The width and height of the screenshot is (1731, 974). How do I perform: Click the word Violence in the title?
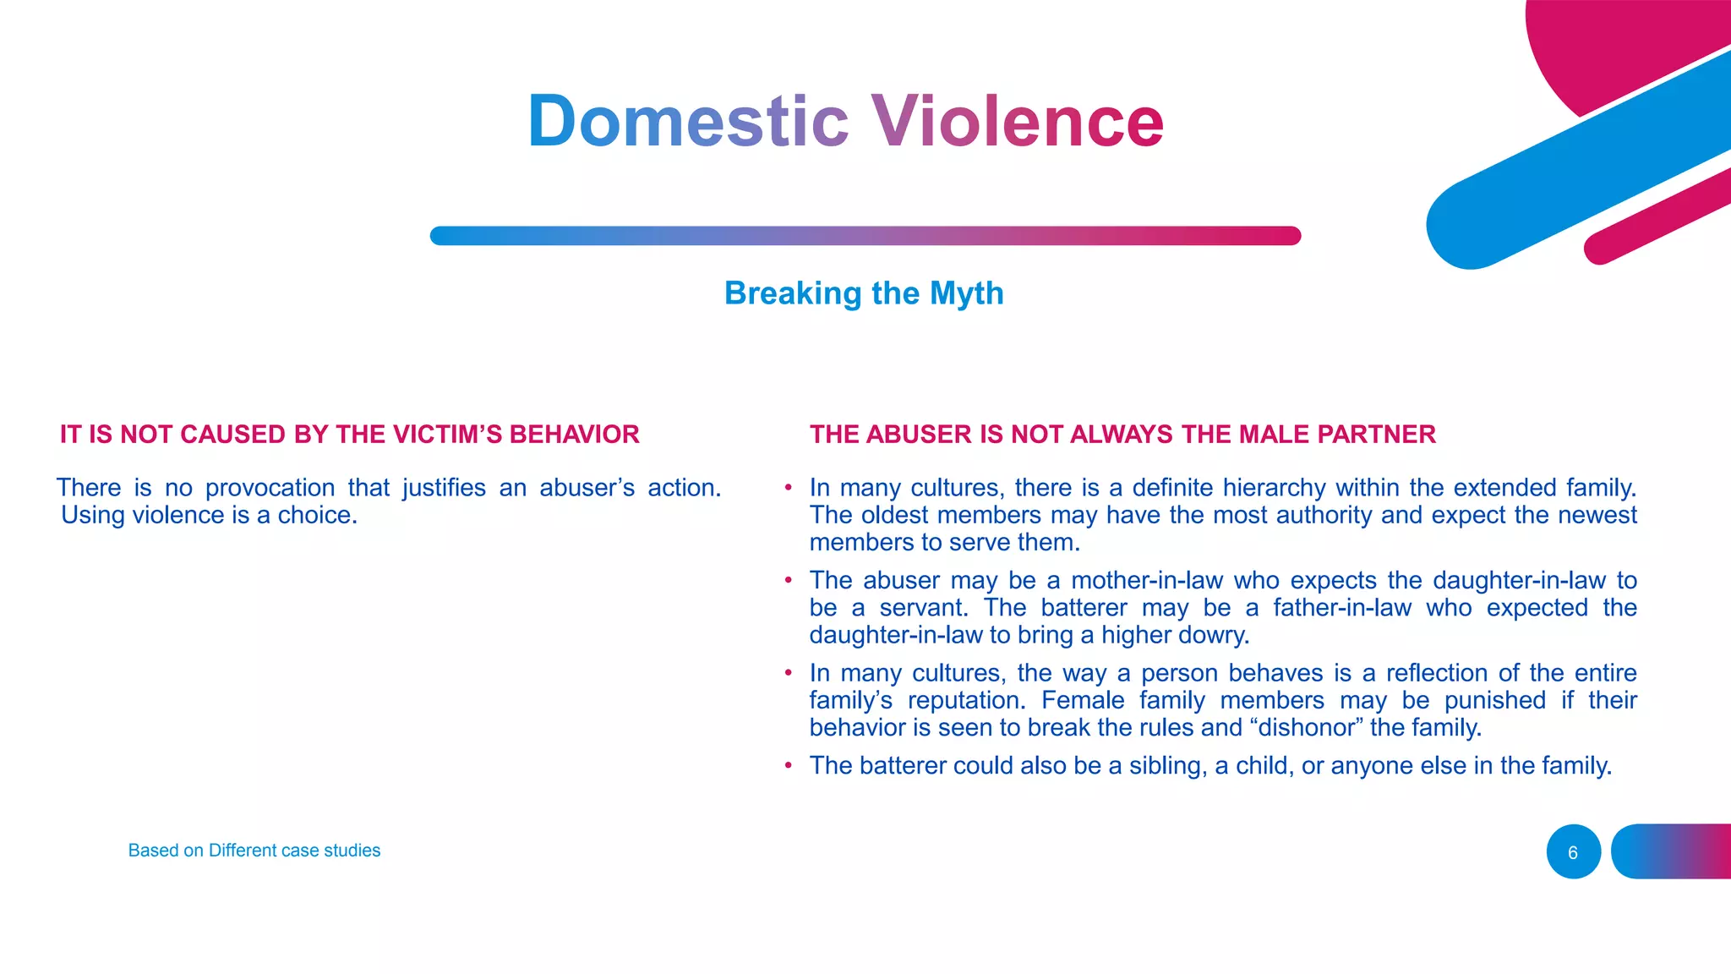[x=1017, y=121]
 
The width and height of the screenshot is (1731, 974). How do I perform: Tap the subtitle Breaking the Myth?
[x=864, y=293]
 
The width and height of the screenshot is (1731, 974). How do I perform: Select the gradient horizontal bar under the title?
[x=865, y=236]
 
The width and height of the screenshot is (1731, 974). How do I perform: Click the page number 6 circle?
[x=1573, y=852]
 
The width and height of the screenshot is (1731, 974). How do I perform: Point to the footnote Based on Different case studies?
[x=254, y=851]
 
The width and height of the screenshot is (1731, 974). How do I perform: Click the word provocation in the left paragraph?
[x=270, y=489]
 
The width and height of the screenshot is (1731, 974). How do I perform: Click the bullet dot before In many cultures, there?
[x=788, y=488]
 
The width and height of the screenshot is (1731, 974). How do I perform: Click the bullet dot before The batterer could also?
[x=788, y=765]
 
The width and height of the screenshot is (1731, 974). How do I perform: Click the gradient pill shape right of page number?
[x=1671, y=851]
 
